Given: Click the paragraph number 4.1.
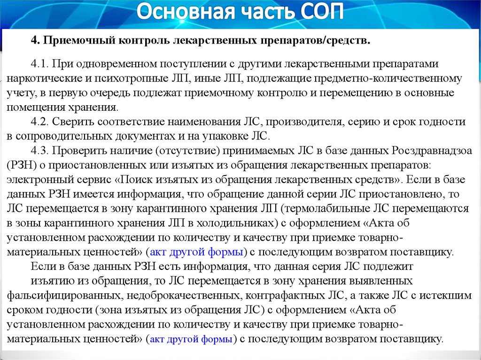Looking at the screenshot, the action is click(39, 64).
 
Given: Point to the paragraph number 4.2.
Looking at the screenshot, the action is click(39, 122).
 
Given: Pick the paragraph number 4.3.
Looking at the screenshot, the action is click(39, 151).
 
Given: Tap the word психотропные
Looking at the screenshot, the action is click(131, 79).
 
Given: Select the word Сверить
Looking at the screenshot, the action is click(71, 122).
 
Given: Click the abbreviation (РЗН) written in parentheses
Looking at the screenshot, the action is click(22, 165).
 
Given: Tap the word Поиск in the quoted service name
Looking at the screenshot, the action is click(137, 180).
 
